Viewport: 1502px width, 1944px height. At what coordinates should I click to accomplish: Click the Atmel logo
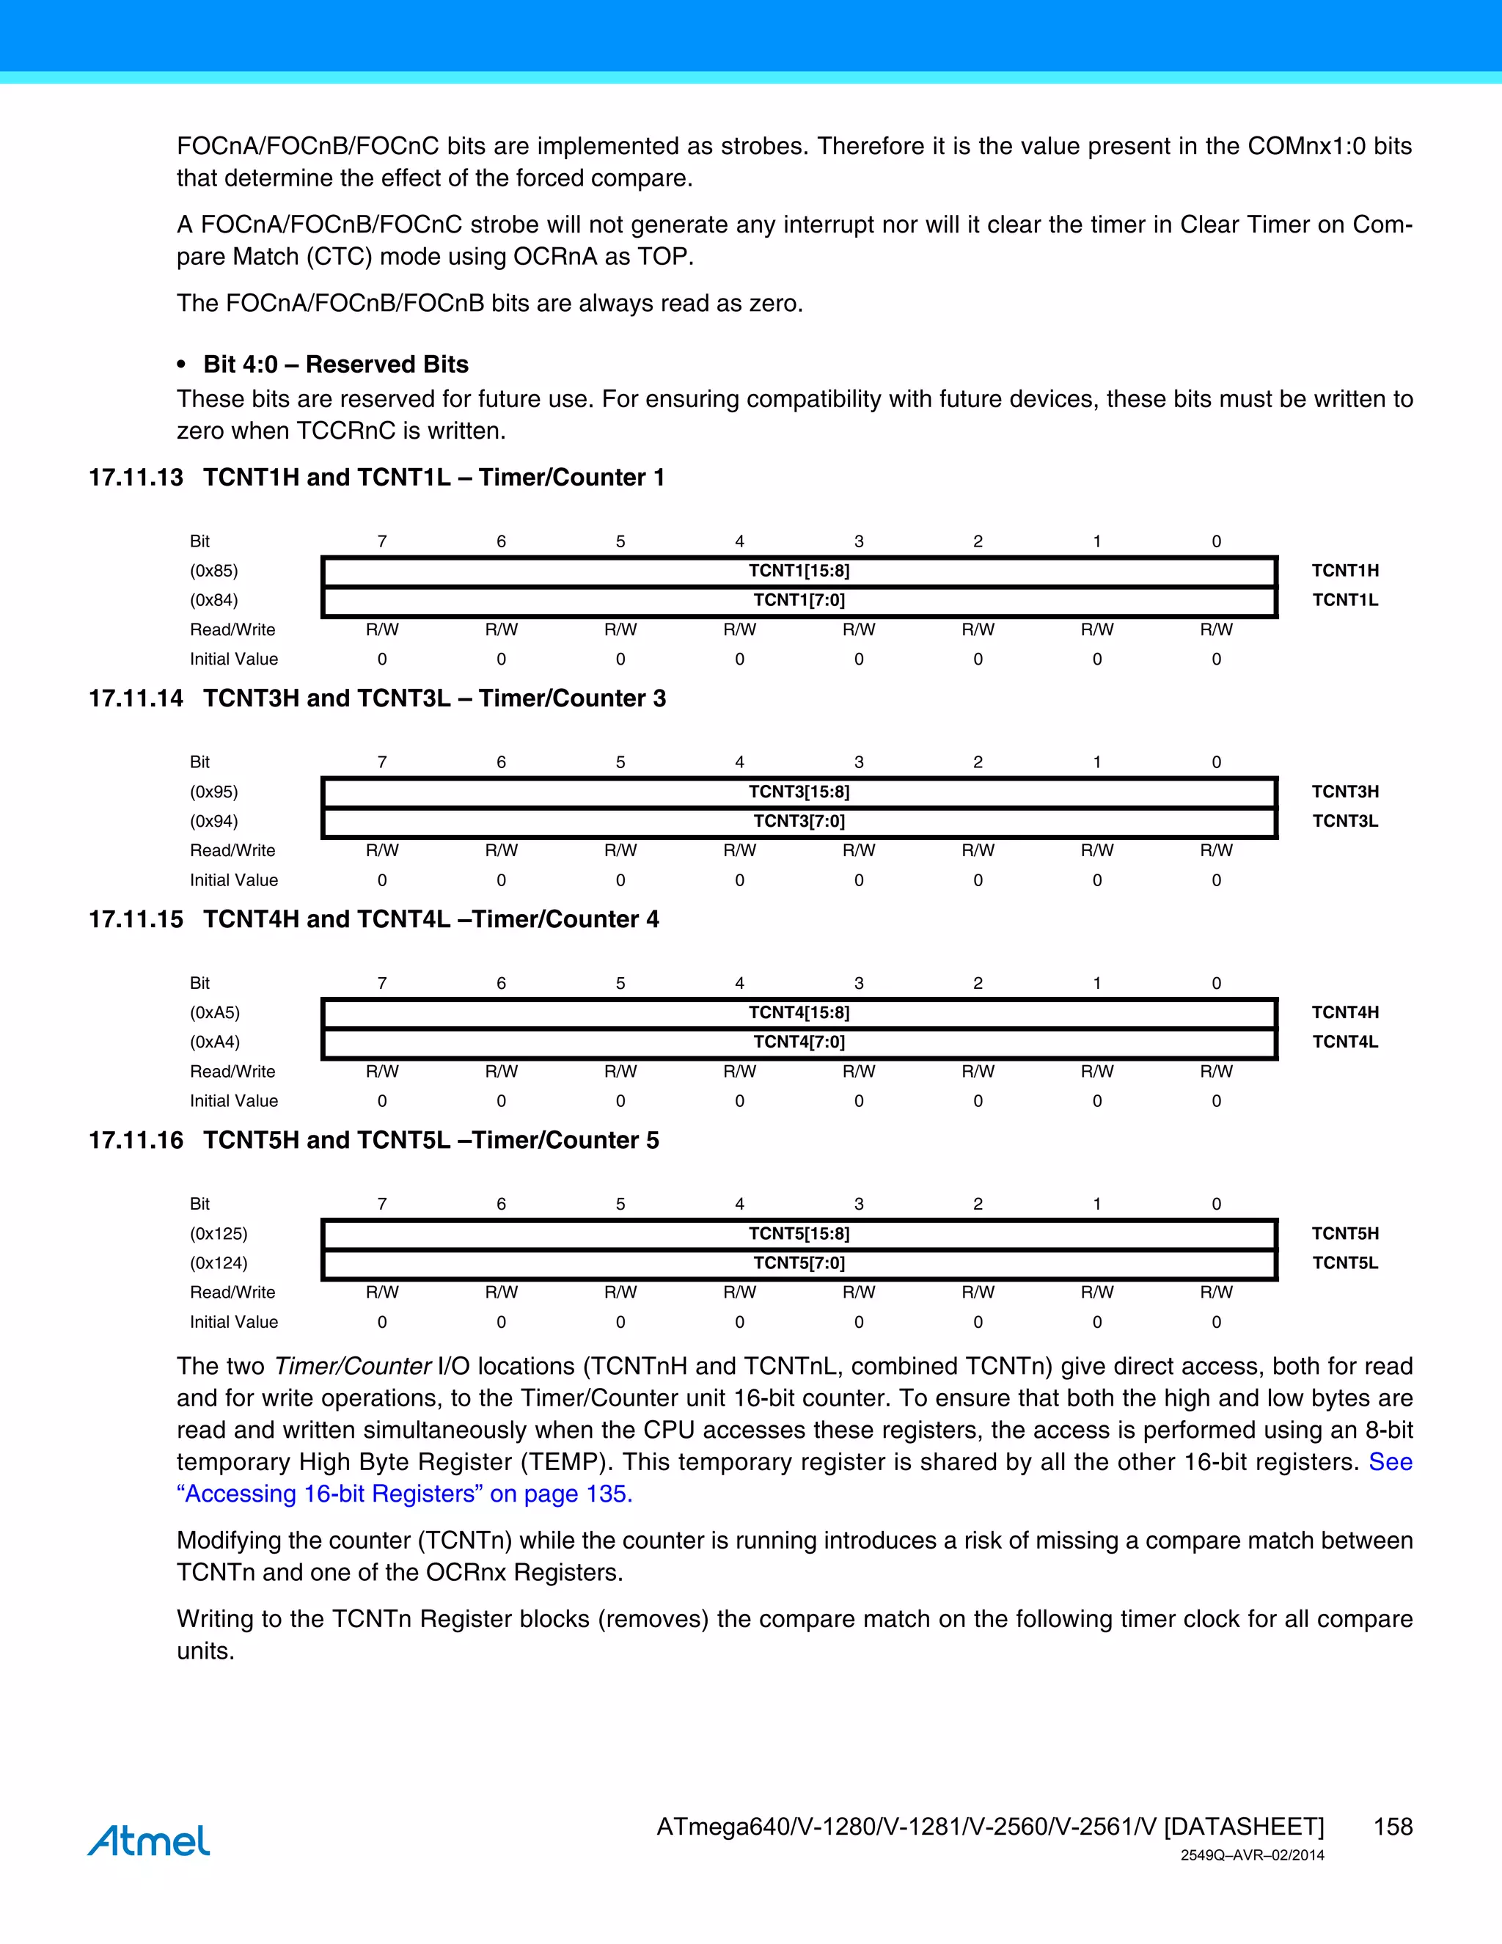(x=149, y=1841)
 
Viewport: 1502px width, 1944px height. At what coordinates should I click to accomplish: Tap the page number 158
(x=1392, y=1827)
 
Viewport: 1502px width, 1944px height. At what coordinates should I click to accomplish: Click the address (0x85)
(x=213, y=571)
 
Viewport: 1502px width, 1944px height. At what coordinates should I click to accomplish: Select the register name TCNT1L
(x=1344, y=600)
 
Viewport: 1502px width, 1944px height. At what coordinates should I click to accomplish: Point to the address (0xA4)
(x=214, y=1042)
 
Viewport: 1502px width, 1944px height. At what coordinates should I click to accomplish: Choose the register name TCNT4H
(x=1344, y=1012)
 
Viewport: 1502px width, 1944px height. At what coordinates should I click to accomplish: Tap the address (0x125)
(x=218, y=1233)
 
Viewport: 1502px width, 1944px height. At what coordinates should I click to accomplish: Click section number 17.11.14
(x=136, y=698)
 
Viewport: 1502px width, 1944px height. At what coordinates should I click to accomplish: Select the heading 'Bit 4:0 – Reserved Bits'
(x=335, y=364)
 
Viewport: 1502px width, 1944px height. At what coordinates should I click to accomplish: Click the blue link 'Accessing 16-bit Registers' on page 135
(x=405, y=1494)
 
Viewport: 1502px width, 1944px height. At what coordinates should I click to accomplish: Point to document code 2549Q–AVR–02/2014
(x=1252, y=1855)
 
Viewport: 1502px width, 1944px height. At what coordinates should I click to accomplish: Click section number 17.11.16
(x=136, y=1140)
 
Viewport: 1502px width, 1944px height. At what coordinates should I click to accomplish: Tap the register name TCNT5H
(x=1344, y=1233)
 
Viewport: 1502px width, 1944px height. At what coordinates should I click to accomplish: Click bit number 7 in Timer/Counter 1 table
(x=381, y=541)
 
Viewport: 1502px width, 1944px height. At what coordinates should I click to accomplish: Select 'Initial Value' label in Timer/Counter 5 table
(x=233, y=1322)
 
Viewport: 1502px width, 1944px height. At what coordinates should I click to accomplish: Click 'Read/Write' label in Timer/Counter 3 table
(x=232, y=850)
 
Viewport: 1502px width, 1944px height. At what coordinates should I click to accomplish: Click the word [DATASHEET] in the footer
(x=1243, y=1827)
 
